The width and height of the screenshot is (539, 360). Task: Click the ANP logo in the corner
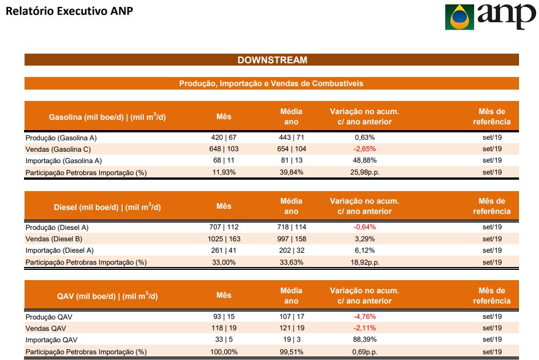pyautogui.click(x=489, y=17)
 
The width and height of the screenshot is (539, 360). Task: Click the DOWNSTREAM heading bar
pyautogui.click(x=272, y=60)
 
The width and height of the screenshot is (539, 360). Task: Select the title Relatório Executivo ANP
pyautogui.click(x=68, y=11)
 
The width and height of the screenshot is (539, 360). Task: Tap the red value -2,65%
pyautogui.click(x=364, y=149)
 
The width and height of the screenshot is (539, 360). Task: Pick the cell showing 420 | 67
pyautogui.click(x=224, y=137)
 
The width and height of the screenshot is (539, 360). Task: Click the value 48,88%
pyautogui.click(x=364, y=160)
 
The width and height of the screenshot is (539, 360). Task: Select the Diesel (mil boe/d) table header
pyautogui.click(x=107, y=207)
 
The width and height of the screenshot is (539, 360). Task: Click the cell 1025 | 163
pyautogui.click(x=224, y=238)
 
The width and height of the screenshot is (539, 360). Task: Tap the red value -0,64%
pyautogui.click(x=364, y=227)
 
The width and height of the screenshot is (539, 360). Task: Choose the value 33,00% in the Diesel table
pyautogui.click(x=224, y=262)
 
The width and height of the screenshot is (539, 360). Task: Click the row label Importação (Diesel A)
pyautogui.click(x=59, y=250)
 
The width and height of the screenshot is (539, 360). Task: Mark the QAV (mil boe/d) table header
pyautogui.click(x=107, y=296)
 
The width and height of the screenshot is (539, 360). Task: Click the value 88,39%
pyautogui.click(x=364, y=339)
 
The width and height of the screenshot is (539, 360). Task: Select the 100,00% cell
pyautogui.click(x=224, y=351)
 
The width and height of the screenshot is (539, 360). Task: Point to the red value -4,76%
pyautogui.click(x=364, y=317)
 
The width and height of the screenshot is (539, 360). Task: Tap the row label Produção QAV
pyautogui.click(x=49, y=317)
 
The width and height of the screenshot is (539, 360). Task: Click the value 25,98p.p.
pyautogui.click(x=364, y=172)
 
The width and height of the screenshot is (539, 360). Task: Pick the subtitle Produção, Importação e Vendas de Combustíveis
pyautogui.click(x=271, y=83)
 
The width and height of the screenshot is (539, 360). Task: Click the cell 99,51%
pyautogui.click(x=291, y=351)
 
